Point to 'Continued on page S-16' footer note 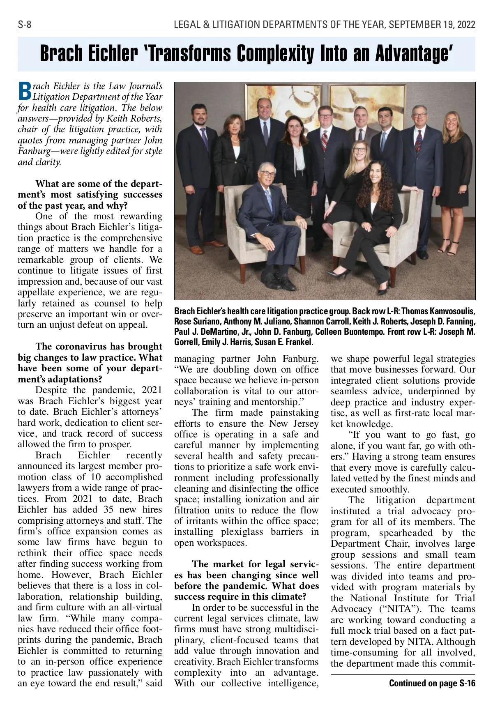point(432,683)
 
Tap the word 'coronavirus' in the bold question point(78,347)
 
